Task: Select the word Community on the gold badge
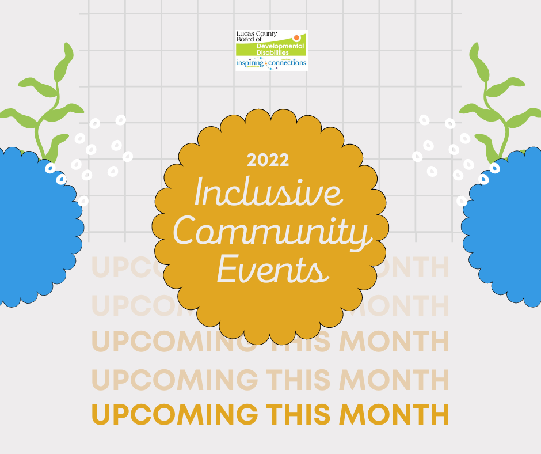coord(270,234)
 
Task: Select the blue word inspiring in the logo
coord(249,63)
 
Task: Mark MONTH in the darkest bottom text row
coord(394,415)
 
